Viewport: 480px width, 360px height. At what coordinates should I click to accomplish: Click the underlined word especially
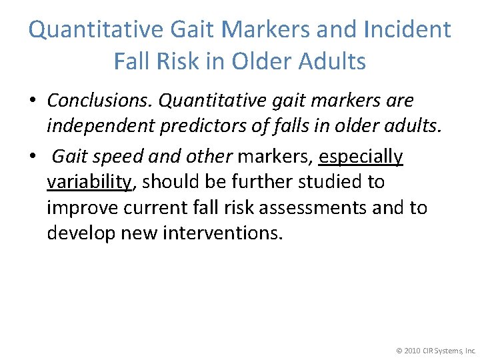click(361, 157)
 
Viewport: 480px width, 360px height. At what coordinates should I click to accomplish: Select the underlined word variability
click(88, 182)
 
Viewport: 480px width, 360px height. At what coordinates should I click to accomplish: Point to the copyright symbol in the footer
click(399, 350)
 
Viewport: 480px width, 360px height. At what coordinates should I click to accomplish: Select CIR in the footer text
click(431, 350)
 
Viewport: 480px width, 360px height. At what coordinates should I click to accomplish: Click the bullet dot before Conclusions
click(32, 101)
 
